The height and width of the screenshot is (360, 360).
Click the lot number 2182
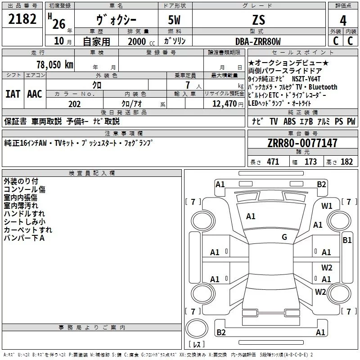tap(22, 20)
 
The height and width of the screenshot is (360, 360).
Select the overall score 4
tap(343, 21)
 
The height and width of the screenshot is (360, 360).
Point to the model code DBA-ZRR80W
tap(258, 41)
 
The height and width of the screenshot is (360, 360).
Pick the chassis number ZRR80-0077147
tap(302, 144)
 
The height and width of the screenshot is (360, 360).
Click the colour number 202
tap(74, 104)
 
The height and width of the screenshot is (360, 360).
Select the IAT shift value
tap(13, 94)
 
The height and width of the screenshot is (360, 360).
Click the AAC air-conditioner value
tap(35, 94)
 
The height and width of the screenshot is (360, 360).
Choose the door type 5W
tap(175, 20)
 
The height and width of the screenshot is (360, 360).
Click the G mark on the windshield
tap(284, 237)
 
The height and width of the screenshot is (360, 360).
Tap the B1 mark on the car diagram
tap(347, 240)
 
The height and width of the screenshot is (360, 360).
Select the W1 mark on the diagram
tap(327, 206)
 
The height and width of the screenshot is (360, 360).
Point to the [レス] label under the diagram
tap(196, 345)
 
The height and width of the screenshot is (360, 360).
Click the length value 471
tap(273, 162)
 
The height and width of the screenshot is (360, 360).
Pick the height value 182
tap(347, 162)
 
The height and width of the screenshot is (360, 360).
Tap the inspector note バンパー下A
tap(24, 238)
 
